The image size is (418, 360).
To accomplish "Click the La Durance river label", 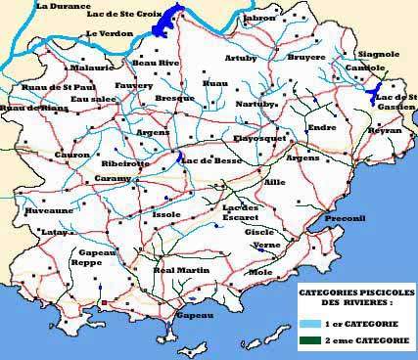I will tap(63, 7).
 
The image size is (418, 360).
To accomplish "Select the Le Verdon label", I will tap(108, 34).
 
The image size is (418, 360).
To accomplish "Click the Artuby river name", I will tap(243, 58).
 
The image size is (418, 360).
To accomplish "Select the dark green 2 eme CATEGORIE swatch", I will tap(307, 340).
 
